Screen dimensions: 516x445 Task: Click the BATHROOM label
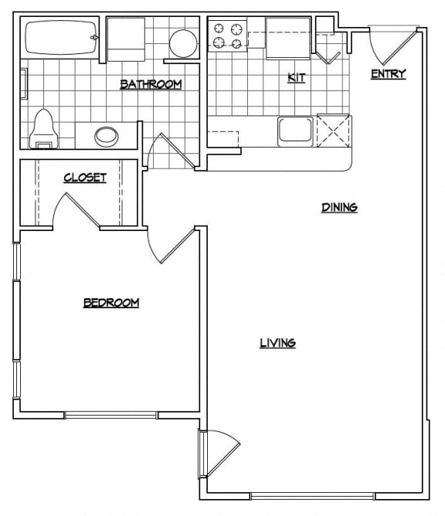pos(151,84)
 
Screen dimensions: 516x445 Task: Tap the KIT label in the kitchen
pos(294,78)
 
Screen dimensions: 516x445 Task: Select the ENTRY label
pos(388,74)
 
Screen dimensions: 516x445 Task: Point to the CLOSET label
pos(84,178)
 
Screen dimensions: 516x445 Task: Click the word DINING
pos(338,207)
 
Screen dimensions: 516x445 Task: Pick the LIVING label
pos(277,343)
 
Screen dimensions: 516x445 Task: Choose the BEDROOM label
pos(111,303)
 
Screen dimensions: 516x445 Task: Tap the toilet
pos(44,130)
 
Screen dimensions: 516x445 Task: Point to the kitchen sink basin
pos(295,129)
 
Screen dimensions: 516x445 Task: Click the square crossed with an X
pos(333,129)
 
